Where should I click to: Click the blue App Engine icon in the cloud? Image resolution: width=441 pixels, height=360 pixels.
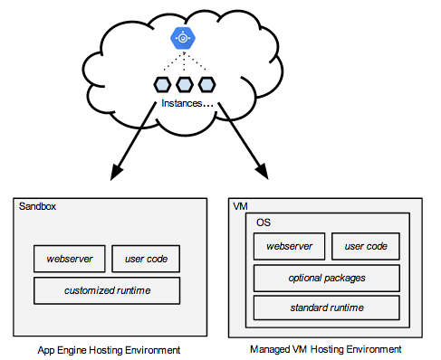185,39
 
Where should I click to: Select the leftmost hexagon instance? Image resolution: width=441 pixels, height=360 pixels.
163,86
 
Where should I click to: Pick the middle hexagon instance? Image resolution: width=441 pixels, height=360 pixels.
185,86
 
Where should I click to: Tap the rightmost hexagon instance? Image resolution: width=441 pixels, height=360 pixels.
206,86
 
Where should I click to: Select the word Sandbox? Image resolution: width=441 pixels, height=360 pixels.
37,206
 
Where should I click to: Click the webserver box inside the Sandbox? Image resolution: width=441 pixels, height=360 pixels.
69,260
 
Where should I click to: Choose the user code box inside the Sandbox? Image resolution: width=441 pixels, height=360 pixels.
146,260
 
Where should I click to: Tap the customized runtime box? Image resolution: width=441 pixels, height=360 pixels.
107,290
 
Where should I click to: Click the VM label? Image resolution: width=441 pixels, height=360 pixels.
240,206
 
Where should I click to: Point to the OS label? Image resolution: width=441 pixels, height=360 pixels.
264,223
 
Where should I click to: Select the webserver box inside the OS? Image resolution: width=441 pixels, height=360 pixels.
289,246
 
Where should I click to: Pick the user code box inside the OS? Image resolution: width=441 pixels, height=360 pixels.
366,246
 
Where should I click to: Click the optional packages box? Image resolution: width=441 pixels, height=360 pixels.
327,277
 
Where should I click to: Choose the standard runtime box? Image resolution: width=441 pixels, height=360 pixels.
327,308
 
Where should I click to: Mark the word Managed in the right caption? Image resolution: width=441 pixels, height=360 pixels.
271,348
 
